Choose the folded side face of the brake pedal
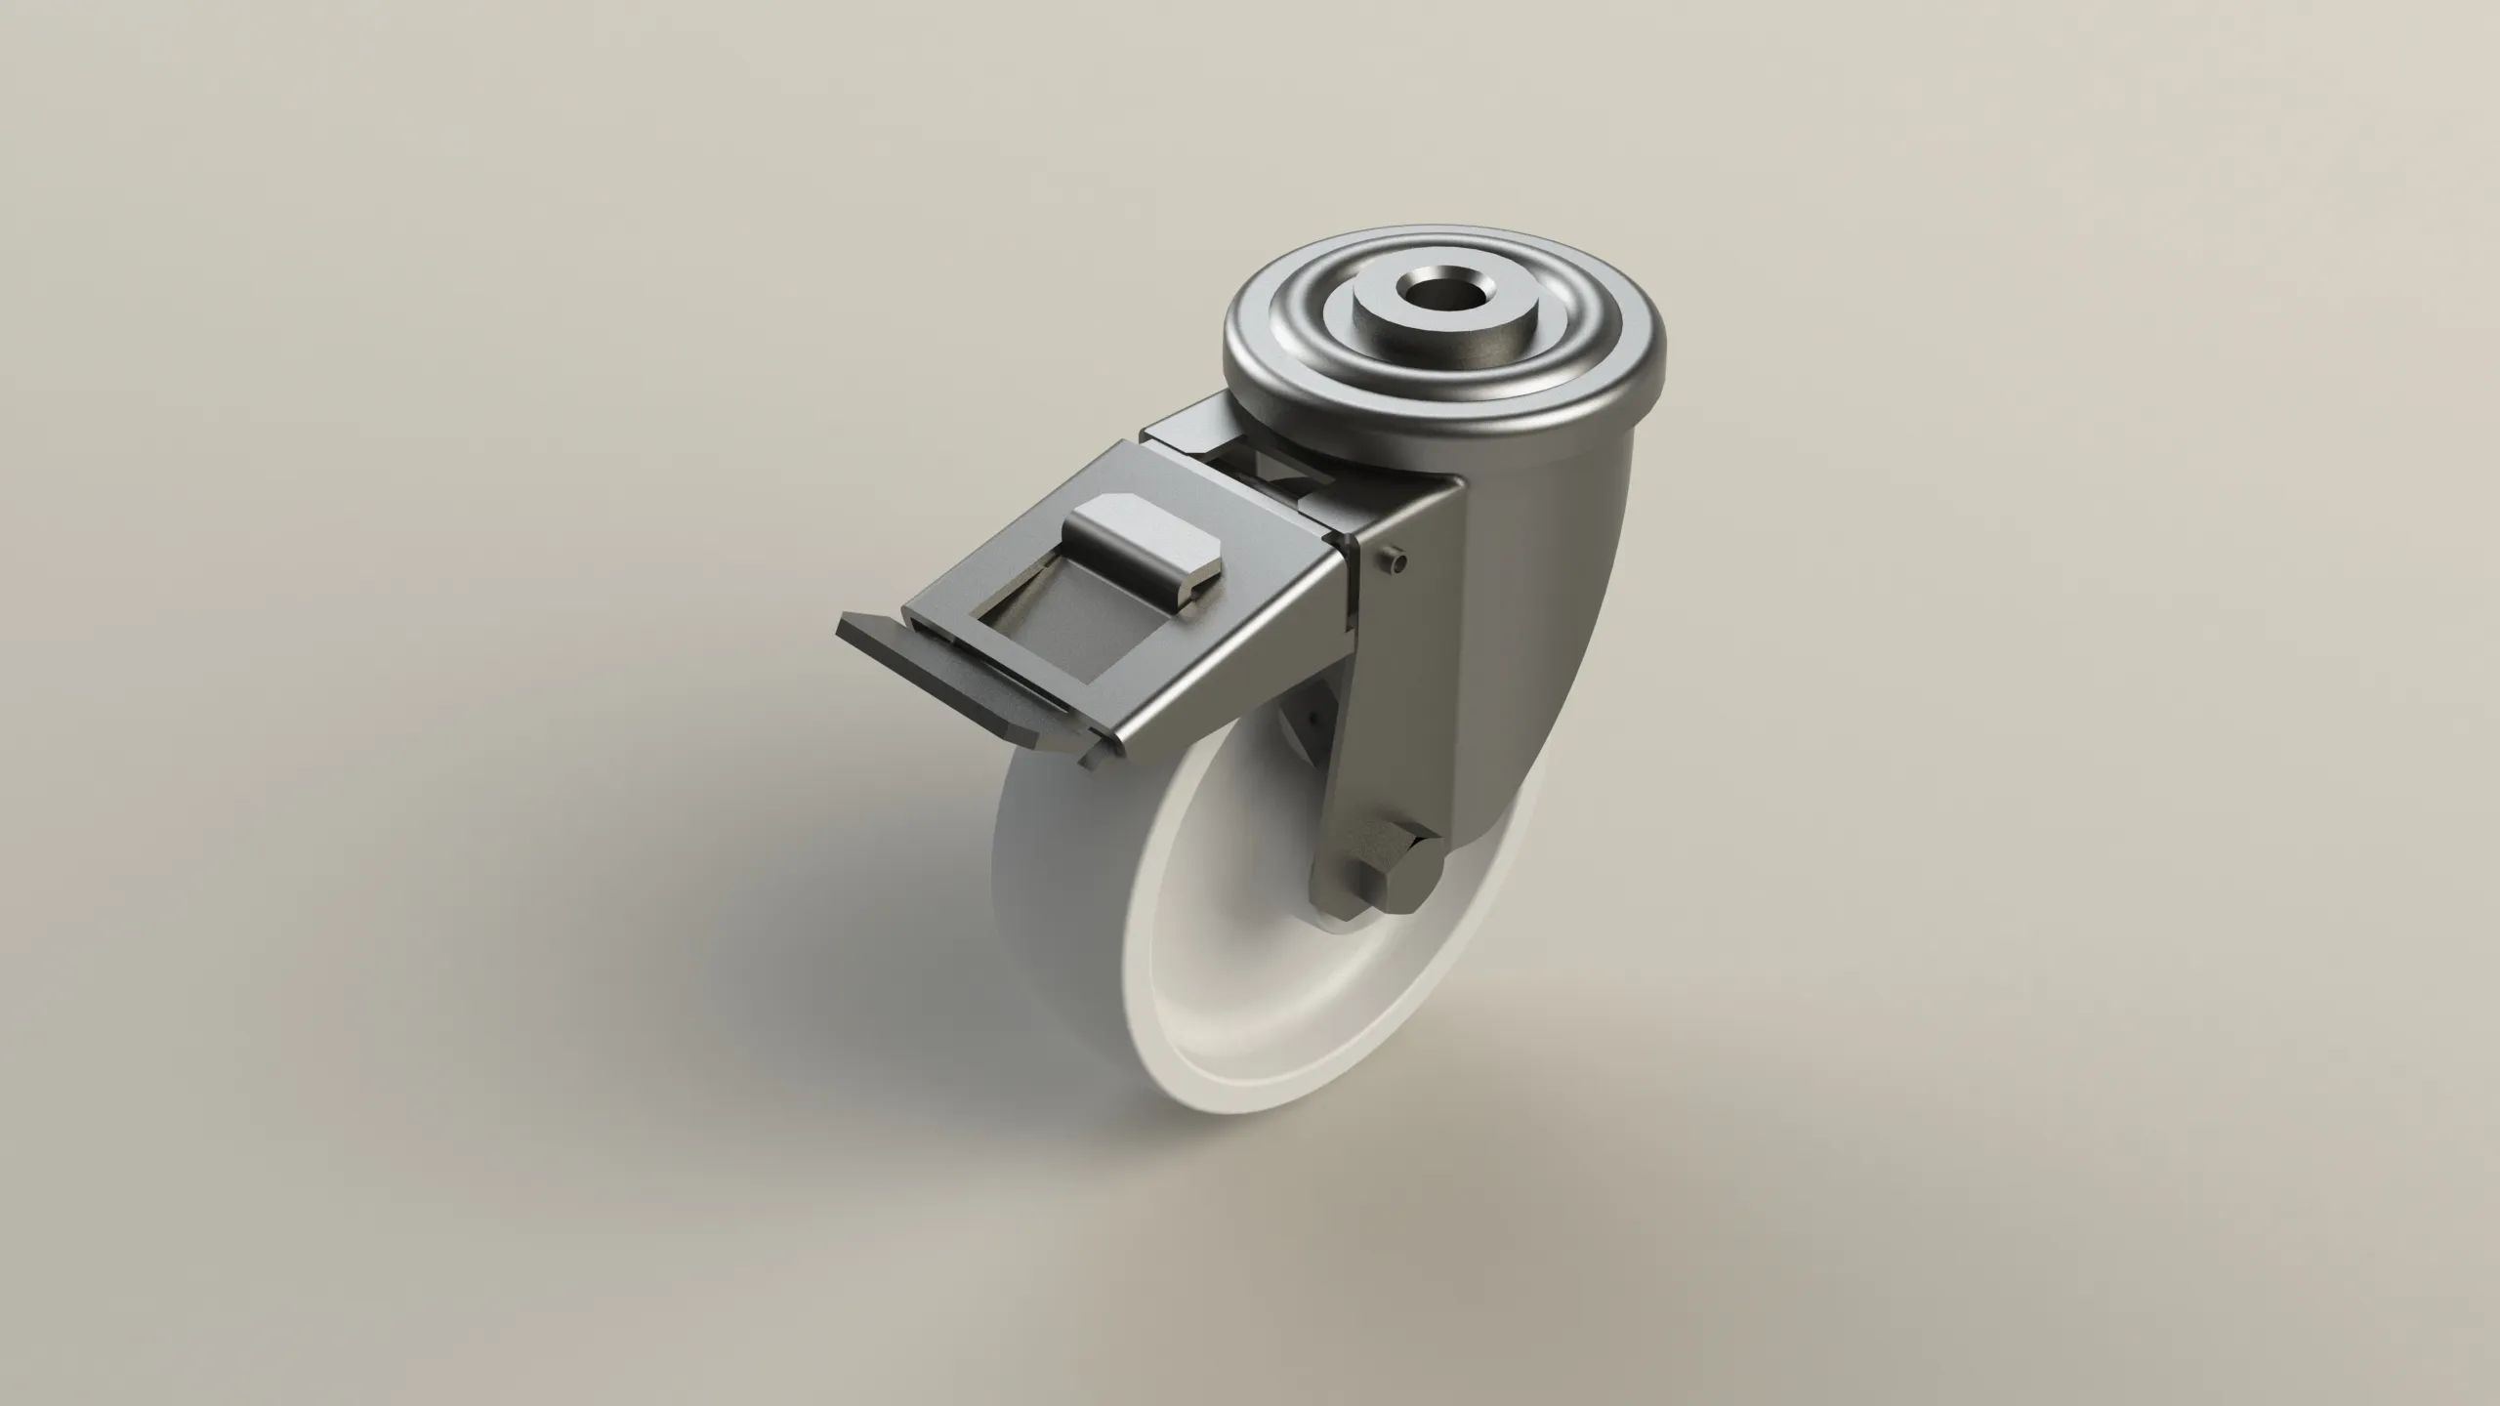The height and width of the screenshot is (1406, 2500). tap(1221, 703)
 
